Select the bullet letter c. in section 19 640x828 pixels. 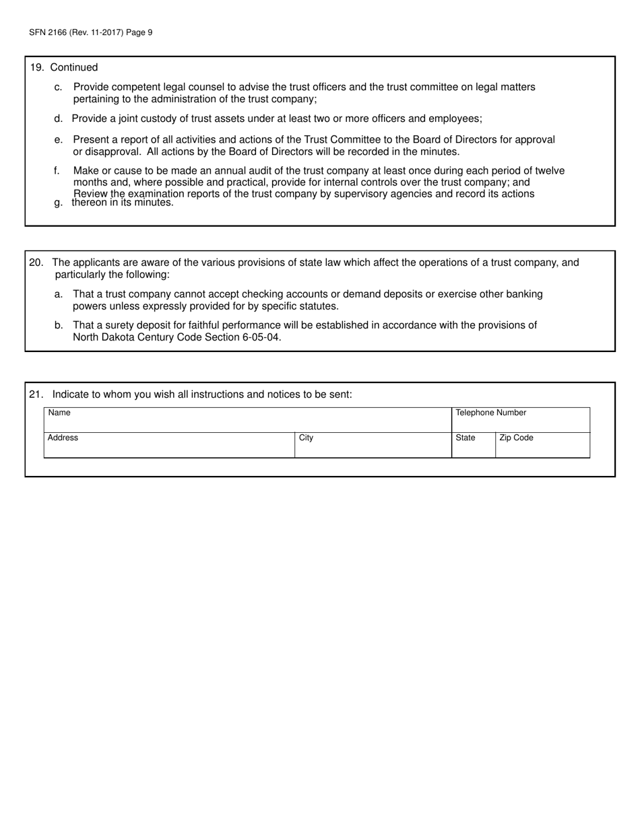[59, 87]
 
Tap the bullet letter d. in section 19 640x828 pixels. [59, 119]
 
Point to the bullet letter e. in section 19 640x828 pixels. [59, 139]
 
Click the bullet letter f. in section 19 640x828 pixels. [57, 171]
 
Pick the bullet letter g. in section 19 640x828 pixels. [59, 203]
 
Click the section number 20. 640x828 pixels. [36, 263]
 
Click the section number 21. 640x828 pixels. [36, 394]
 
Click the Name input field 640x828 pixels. [247, 422]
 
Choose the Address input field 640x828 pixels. [169, 448]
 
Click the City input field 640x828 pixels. [373, 448]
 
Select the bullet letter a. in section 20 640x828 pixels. [59, 294]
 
